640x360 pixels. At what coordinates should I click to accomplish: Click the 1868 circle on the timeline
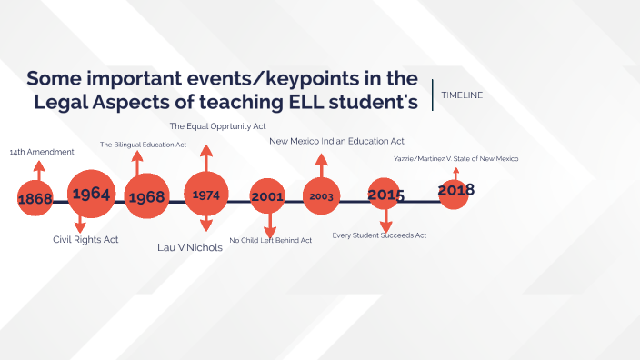(35, 198)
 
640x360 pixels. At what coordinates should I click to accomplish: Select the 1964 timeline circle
(91, 194)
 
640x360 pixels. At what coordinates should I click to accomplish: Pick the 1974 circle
(206, 194)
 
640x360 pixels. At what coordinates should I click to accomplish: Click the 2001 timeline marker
(268, 197)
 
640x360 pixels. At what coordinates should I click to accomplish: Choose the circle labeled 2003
(322, 195)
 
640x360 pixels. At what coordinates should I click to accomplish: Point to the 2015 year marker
(385, 195)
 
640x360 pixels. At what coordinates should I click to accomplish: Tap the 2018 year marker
(455, 191)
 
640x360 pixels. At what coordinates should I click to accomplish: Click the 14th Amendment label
(42, 152)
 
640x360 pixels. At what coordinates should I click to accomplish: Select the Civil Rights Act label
(85, 240)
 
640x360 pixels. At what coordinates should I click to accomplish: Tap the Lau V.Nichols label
(190, 247)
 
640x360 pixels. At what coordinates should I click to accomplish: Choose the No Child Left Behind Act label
(271, 241)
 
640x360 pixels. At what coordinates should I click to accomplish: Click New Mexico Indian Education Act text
(336, 141)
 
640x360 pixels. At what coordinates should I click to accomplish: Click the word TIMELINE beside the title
(462, 95)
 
